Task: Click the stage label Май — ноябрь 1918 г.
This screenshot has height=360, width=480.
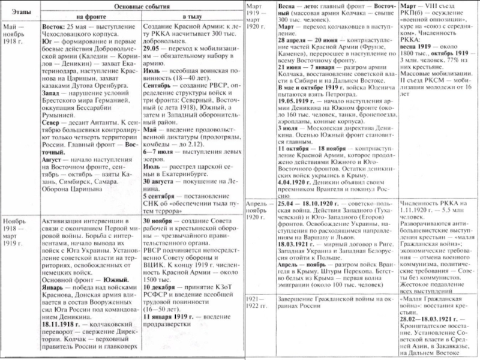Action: coord(17,35)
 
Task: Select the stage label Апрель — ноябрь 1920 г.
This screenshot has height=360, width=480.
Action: coord(259,211)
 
